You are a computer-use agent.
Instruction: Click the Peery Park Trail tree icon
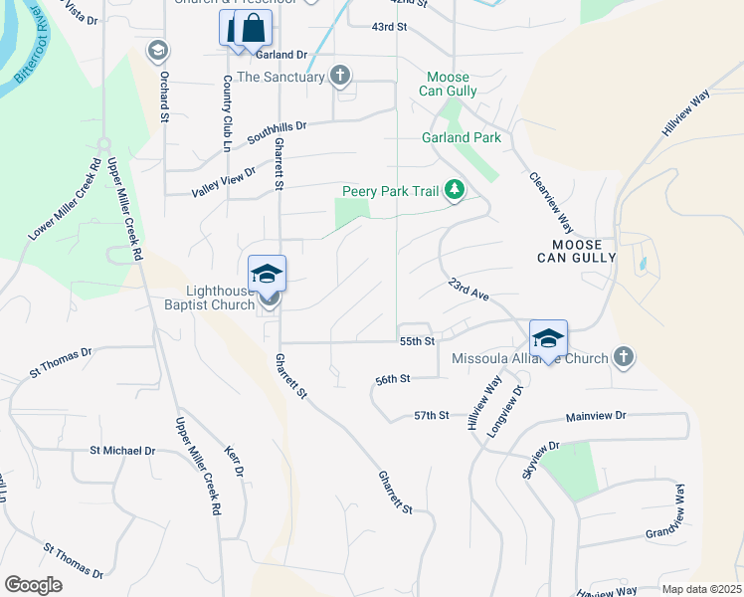coord(455,190)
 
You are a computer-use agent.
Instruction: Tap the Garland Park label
coord(462,137)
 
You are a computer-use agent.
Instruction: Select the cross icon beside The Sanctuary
coord(341,76)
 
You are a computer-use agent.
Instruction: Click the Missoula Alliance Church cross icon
coord(624,357)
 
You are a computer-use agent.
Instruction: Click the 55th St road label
coord(418,341)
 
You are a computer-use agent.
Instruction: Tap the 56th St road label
coord(393,379)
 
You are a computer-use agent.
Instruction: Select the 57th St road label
coord(432,415)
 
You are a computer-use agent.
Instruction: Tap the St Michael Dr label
coord(122,451)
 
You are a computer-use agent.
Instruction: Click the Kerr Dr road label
coord(237,461)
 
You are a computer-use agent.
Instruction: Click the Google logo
coord(33,585)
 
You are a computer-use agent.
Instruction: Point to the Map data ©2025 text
coord(701,589)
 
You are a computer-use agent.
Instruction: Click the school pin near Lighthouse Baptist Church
coord(268,274)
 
